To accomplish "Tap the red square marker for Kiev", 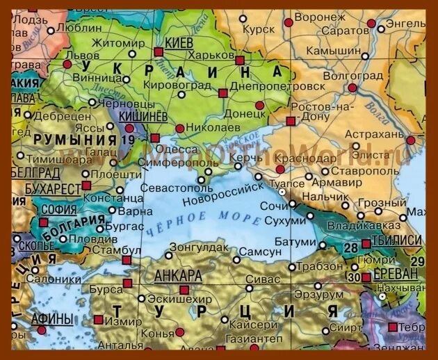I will click(159, 51).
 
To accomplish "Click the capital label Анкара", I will click(178, 275).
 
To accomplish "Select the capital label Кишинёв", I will click(143, 115).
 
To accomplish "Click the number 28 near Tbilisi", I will click(351, 247).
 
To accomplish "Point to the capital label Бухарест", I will click(52, 189).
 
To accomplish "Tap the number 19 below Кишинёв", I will click(127, 140).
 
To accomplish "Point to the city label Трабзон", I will click(316, 266).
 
